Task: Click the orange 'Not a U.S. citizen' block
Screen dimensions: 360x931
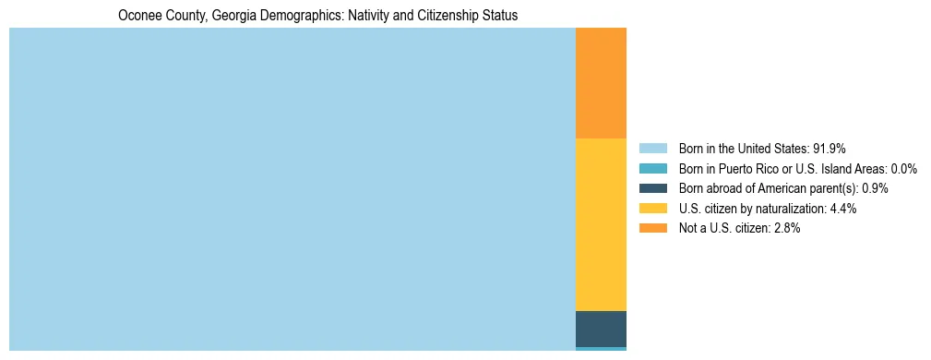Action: click(601, 83)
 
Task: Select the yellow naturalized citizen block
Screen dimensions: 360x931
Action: click(601, 224)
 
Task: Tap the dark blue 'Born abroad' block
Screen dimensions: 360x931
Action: click(601, 329)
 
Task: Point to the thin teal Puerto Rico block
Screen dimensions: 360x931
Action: click(601, 349)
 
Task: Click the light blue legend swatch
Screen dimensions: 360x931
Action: click(652, 148)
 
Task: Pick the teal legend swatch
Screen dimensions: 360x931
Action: click(652, 168)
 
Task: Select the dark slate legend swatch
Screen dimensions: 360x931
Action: click(652, 188)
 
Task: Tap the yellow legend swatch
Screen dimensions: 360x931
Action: click(652, 209)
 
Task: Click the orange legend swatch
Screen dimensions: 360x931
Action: click(652, 228)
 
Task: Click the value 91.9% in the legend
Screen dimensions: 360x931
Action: click(829, 148)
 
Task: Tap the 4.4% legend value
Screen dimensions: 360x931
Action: click(843, 209)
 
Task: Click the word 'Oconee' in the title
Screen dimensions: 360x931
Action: click(138, 16)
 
